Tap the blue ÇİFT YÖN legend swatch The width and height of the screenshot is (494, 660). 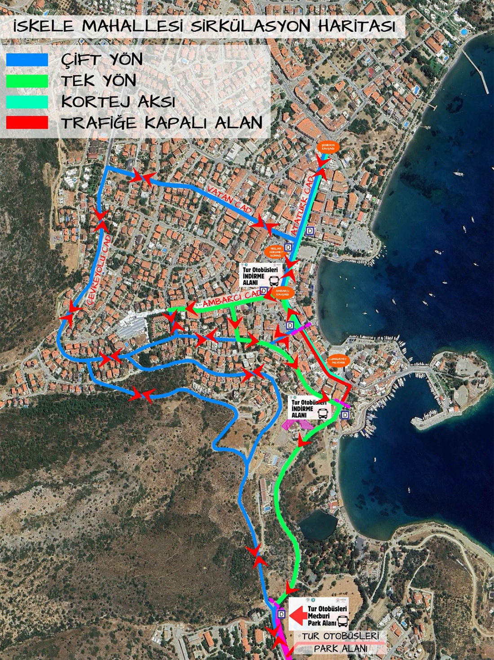27,59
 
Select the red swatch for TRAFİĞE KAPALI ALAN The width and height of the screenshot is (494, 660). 27,123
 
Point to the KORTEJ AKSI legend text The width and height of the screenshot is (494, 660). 118,102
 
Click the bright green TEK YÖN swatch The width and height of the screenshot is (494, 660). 27,80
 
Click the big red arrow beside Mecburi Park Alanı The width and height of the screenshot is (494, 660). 298,615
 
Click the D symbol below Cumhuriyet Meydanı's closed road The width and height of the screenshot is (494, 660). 345,415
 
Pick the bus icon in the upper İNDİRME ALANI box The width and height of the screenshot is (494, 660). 273,281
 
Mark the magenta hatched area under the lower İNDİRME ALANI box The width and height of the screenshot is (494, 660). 297,424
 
